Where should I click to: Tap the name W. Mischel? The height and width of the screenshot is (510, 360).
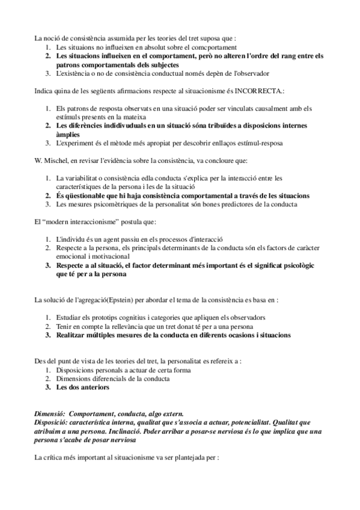click(x=50, y=161)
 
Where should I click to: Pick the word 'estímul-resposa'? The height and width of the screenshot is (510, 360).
click(x=256, y=143)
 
